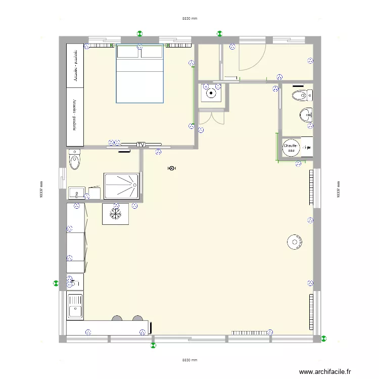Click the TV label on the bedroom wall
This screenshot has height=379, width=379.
coord(140,145)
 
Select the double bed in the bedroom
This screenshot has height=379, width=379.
coord(140,74)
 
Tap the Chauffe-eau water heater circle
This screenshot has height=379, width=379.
coord(291,148)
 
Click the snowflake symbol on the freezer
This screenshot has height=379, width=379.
coord(115,214)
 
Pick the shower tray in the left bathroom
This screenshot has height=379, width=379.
coord(121,186)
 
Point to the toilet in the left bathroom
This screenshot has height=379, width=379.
coord(75,160)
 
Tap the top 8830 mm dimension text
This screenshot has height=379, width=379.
coord(189,19)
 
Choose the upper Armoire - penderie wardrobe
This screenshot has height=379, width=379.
coord(75,66)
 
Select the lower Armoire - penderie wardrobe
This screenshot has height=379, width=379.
coord(75,117)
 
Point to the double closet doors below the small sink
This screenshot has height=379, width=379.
coord(212,117)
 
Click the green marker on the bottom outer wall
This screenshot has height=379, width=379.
coord(153,346)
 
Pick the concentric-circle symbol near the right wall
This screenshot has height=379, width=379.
coord(294,242)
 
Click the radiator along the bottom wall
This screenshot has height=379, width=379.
coord(251,333)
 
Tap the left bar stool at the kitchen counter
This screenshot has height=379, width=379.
coord(117,318)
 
